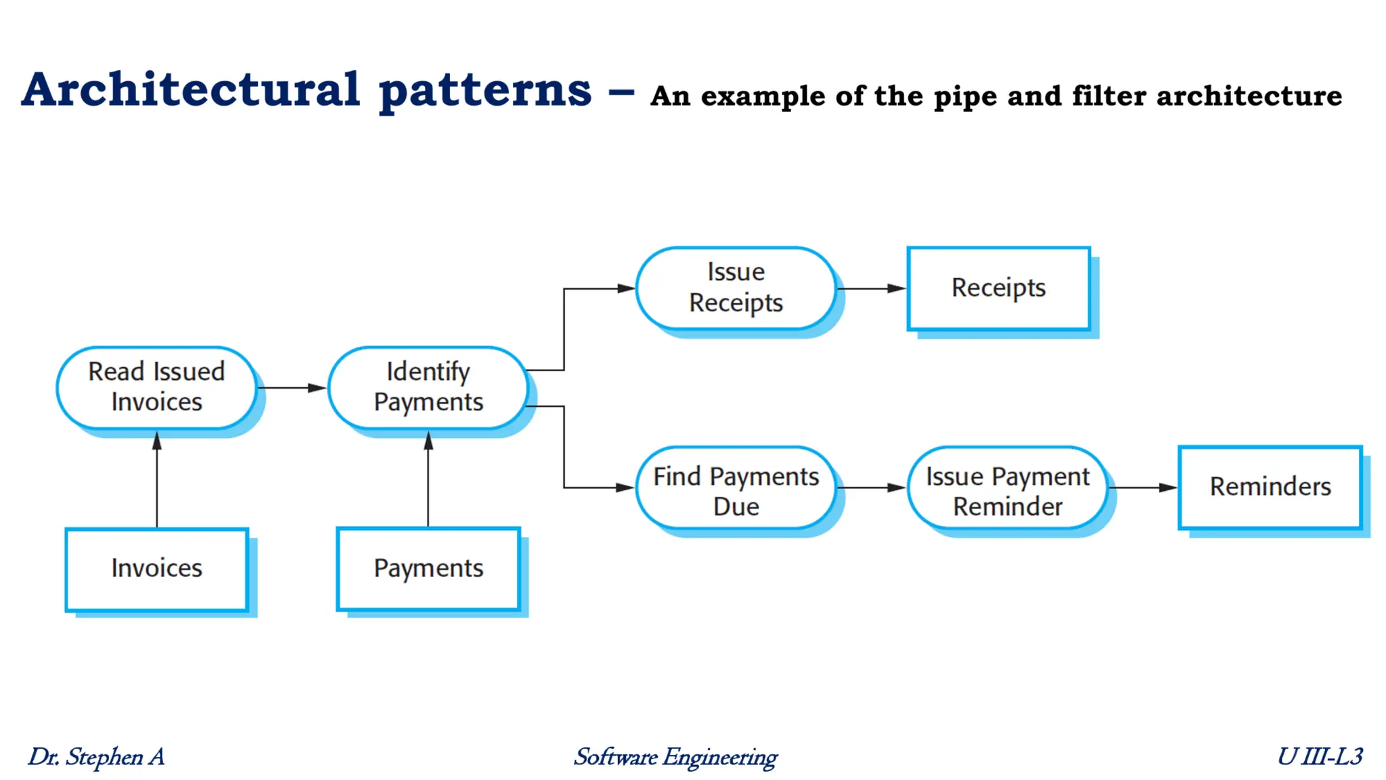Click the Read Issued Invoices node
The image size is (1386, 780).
pyautogui.click(x=156, y=387)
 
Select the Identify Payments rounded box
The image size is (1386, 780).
pyautogui.click(x=428, y=387)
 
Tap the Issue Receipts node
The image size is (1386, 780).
pyautogui.click(x=736, y=288)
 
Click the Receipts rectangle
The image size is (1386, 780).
pyautogui.click(x=998, y=288)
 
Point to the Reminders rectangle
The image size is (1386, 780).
pyautogui.click(x=1270, y=487)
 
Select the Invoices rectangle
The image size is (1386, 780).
pyautogui.click(x=156, y=569)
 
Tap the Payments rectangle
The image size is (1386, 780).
pyautogui.click(x=428, y=569)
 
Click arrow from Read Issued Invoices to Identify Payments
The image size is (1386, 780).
pyautogui.click(x=291, y=388)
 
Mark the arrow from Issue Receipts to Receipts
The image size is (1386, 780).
pyautogui.click(x=871, y=288)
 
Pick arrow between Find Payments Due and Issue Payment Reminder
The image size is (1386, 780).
pyautogui.click(x=871, y=487)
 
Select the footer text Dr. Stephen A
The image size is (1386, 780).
pyautogui.click(x=96, y=757)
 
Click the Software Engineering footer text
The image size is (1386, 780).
pyautogui.click(x=675, y=757)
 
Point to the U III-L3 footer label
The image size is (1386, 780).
pyautogui.click(x=1320, y=756)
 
